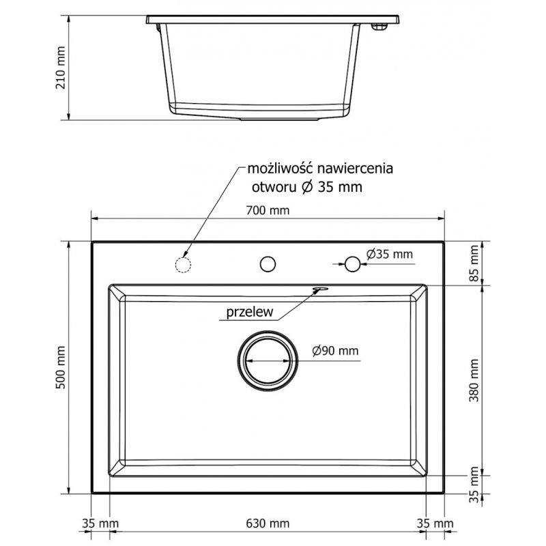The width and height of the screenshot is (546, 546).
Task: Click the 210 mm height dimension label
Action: (60, 68)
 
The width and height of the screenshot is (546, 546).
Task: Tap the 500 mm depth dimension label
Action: (60, 368)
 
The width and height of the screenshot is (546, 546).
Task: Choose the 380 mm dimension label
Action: (474, 381)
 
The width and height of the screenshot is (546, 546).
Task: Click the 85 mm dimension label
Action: (474, 263)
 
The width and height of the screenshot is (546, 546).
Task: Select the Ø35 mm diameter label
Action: (390, 254)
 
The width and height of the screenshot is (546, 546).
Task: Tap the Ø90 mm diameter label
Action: (335, 351)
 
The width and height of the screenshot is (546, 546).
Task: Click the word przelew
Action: (246, 313)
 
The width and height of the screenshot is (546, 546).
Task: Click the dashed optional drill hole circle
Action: (183, 264)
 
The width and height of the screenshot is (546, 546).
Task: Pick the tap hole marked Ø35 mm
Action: (353, 263)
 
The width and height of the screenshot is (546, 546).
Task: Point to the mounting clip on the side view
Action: (378, 26)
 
